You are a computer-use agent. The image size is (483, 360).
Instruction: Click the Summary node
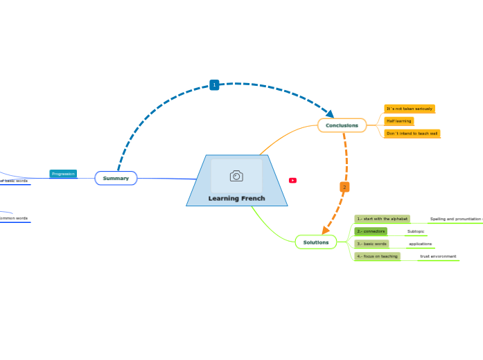point(116,179)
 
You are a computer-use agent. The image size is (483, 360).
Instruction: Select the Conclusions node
point(342,125)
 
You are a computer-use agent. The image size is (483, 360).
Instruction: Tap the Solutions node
point(315,242)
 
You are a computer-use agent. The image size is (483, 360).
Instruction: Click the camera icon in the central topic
point(236,176)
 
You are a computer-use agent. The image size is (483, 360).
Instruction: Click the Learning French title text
point(236,199)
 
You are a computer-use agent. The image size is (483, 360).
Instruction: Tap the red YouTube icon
point(292,180)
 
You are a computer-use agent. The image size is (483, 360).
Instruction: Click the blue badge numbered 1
point(214,84)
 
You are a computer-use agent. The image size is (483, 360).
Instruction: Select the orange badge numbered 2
point(344,187)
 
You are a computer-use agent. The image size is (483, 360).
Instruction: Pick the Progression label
point(63,174)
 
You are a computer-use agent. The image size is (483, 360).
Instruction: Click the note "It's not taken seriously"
point(409,109)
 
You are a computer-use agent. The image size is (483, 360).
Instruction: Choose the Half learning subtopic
point(398,121)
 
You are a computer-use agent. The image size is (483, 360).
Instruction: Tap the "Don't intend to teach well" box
point(412,133)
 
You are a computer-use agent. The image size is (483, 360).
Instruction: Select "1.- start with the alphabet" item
point(382,219)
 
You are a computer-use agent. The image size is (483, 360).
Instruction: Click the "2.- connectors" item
point(371,231)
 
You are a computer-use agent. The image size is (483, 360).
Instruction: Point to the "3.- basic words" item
point(371,244)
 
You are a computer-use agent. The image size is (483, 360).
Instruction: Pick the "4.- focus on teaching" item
point(377,256)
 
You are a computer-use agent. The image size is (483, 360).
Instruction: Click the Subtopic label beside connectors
point(416,231)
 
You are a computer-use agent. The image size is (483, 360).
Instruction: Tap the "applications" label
point(420,244)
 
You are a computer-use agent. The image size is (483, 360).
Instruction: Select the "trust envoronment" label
point(438,256)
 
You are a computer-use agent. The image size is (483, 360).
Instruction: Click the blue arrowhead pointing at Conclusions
point(330,114)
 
